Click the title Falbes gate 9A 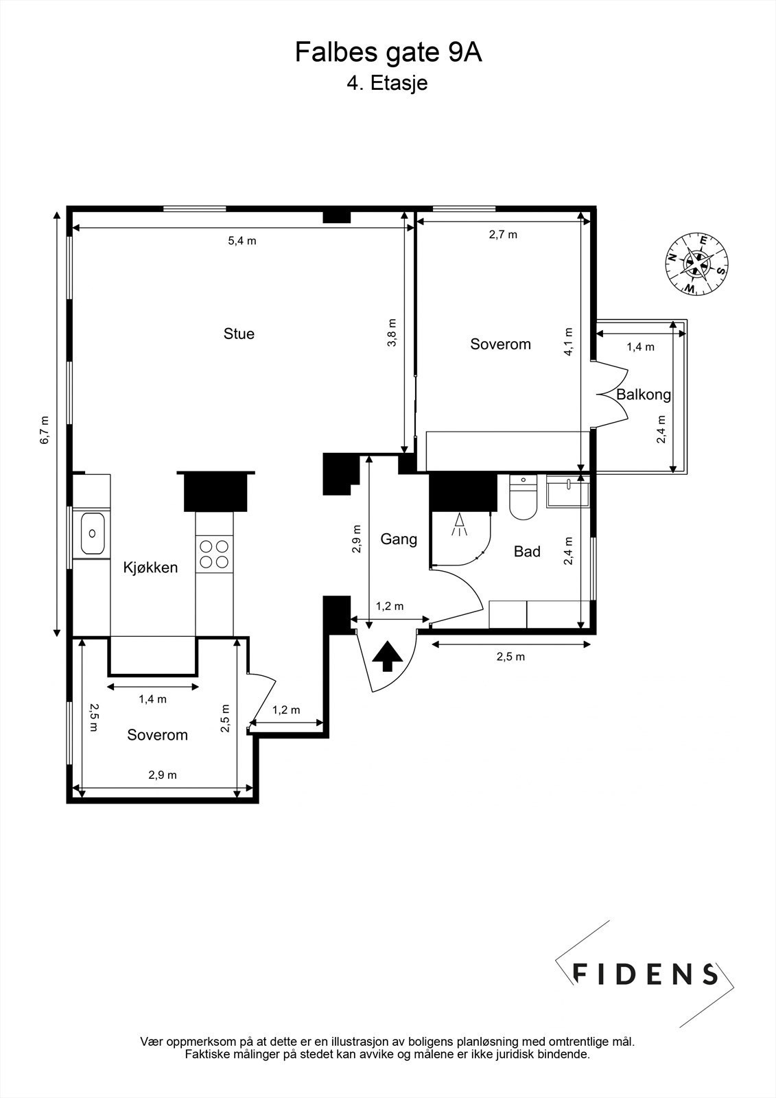(388, 53)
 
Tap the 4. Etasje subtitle (387, 83)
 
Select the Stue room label (239, 334)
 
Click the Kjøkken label (150, 568)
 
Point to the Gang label (399, 539)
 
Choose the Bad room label (527, 552)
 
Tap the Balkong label (643, 395)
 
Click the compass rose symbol (696, 264)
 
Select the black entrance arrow (388, 656)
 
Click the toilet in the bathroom (524, 497)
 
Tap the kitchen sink (92, 533)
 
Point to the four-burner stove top (214, 554)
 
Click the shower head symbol (459, 525)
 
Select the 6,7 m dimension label (45, 430)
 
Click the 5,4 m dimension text (242, 241)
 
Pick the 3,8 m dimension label (392, 333)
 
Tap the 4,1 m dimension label (569, 342)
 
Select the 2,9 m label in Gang (357, 539)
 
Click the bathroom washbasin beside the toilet (567, 490)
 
